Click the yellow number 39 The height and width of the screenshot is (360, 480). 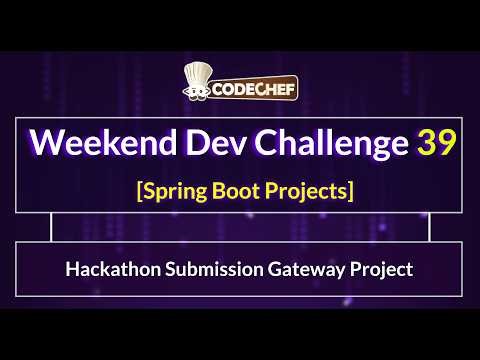tap(437, 143)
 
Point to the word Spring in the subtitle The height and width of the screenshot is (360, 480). tap(169, 190)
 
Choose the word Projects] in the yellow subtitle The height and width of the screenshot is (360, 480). tap(309, 190)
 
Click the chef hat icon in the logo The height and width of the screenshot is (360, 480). tap(196, 81)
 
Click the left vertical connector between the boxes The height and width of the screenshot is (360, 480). tap(52, 228)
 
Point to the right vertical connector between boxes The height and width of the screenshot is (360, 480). tap(429, 228)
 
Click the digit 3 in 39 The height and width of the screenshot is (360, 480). tap(427, 143)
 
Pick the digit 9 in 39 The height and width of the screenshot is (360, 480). tap(447, 143)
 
